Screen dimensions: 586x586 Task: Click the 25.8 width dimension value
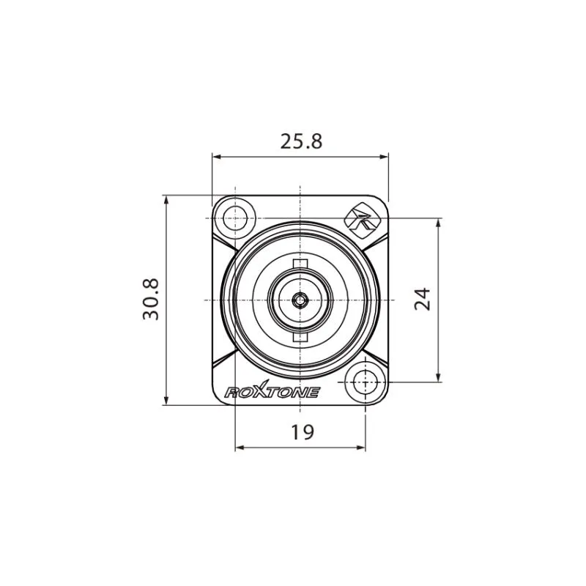coord(301,141)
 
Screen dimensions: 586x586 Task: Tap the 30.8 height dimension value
coord(151,299)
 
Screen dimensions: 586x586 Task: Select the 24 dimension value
coord(423,299)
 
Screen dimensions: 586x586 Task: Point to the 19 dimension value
coord(303,432)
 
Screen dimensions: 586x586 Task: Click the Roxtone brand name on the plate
coord(272,391)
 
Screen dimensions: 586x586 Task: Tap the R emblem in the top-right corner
coord(362,218)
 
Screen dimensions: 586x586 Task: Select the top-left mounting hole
coord(235,218)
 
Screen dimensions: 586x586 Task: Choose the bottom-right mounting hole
coord(365,382)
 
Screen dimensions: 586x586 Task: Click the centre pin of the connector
coord(300,300)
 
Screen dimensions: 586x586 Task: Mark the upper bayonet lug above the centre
coord(300,264)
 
